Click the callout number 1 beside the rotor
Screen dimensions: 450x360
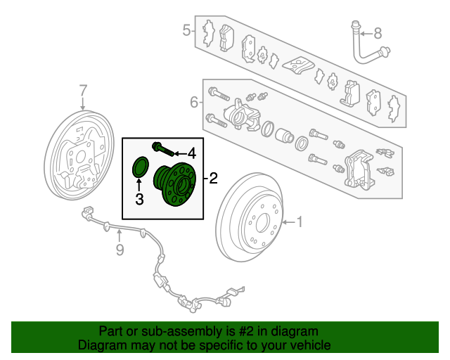point(300,222)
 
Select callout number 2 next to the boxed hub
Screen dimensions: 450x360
point(214,179)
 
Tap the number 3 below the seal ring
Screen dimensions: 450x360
point(139,199)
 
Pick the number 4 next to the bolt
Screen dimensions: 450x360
point(192,153)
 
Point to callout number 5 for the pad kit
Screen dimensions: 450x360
point(186,30)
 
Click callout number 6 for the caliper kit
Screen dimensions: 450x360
point(194,102)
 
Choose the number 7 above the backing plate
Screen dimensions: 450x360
point(83,91)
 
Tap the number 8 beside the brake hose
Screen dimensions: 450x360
point(378,34)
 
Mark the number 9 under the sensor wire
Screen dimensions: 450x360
point(120,250)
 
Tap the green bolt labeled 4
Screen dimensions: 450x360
point(163,149)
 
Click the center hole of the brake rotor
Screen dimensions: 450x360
point(262,223)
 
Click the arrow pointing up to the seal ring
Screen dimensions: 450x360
point(139,185)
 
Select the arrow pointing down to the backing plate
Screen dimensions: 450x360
point(83,103)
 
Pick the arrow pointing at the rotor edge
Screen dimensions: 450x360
point(288,222)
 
